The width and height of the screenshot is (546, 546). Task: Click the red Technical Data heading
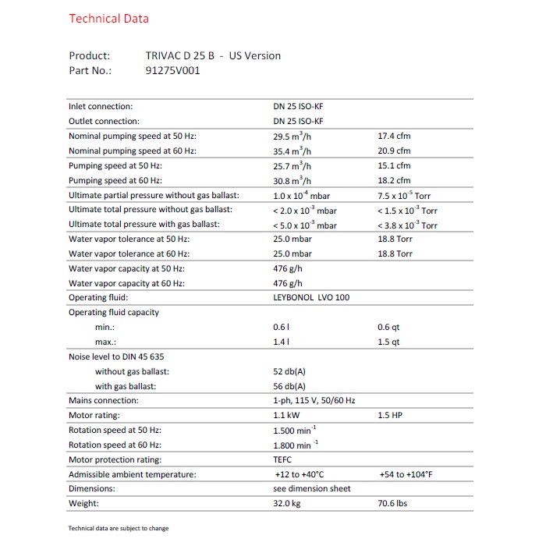point(108,18)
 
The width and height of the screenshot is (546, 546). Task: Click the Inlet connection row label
point(101,106)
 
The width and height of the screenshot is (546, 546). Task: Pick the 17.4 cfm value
point(394,136)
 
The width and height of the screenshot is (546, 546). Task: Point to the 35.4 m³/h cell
point(292,151)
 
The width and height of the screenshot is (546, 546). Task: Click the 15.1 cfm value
point(394,165)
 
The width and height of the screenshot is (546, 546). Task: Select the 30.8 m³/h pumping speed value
point(292,180)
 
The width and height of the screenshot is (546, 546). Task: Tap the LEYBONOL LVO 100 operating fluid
point(310,297)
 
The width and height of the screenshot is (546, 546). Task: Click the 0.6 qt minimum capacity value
point(388,328)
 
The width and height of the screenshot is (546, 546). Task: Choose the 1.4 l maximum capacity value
point(281,342)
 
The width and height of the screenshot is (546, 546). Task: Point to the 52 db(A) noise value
point(289,371)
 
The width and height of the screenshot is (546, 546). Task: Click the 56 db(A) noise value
point(289,386)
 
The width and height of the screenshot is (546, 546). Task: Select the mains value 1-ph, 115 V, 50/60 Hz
point(314,400)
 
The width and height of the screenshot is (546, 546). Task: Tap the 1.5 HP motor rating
point(390,416)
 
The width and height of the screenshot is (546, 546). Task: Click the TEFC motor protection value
point(282,459)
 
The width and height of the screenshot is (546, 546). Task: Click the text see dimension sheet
point(312,488)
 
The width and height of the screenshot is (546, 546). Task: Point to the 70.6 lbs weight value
point(393,503)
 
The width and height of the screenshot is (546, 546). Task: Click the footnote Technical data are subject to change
point(119,528)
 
